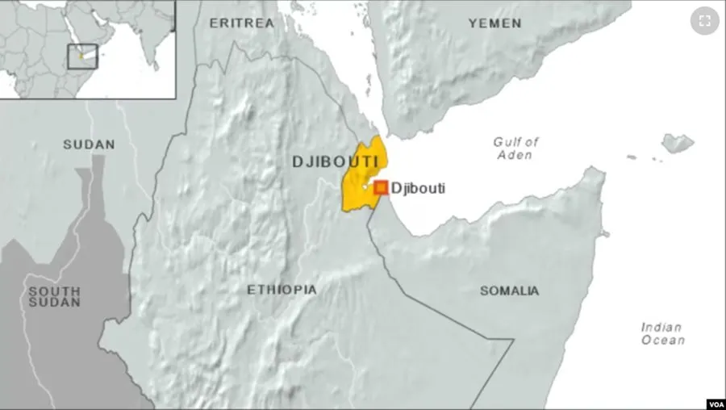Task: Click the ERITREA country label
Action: pyautogui.click(x=242, y=23)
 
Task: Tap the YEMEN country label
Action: pyautogui.click(x=494, y=23)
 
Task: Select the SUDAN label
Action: pyautogui.click(x=89, y=144)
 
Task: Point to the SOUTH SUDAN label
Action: pyautogui.click(x=54, y=296)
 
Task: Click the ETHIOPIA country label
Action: pyautogui.click(x=282, y=289)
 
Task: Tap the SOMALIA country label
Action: pyautogui.click(x=509, y=291)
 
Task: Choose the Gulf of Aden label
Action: pyautogui.click(x=515, y=148)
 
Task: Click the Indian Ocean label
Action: pyautogui.click(x=663, y=333)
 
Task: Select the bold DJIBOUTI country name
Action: pyautogui.click(x=336, y=162)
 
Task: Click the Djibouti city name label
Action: pyautogui.click(x=418, y=189)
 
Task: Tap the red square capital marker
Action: pyautogui.click(x=381, y=187)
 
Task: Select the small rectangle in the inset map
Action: pyautogui.click(x=82, y=56)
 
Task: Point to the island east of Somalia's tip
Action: pyautogui.click(x=678, y=143)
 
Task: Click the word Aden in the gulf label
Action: pyautogui.click(x=514, y=155)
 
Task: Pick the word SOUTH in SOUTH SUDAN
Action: pyautogui.click(x=54, y=291)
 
